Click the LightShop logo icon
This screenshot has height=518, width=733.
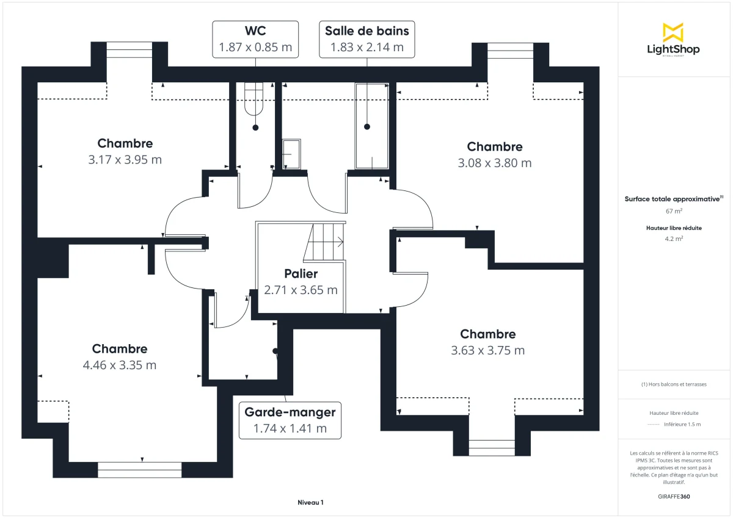pos(673,32)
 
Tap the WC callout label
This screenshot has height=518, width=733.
pos(255,39)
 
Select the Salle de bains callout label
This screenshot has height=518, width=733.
pos(366,39)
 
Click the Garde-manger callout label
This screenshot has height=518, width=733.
pos(290,420)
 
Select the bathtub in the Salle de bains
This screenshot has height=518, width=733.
pos(371,126)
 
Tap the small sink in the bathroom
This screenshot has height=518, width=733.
pos(291,154)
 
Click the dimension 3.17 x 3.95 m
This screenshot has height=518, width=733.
pos(125,160)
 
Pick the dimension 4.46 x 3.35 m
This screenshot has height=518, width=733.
pos(120,365)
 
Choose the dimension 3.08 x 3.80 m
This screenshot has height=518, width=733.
pos(494,163)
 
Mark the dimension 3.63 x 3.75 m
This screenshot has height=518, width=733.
pos(487,350)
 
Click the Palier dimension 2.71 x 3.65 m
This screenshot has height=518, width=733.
pos(301,290)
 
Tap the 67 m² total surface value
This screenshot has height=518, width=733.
pos(674,211)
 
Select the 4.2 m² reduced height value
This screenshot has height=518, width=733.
pos(674,239)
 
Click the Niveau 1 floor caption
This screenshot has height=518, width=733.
pos(310,503)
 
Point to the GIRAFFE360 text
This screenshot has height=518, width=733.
pos(674,497)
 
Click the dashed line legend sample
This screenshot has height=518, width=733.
pos(653,424)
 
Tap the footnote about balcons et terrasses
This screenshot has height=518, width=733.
pos(674,384)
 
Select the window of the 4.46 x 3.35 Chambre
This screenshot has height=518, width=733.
pos(140,470)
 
